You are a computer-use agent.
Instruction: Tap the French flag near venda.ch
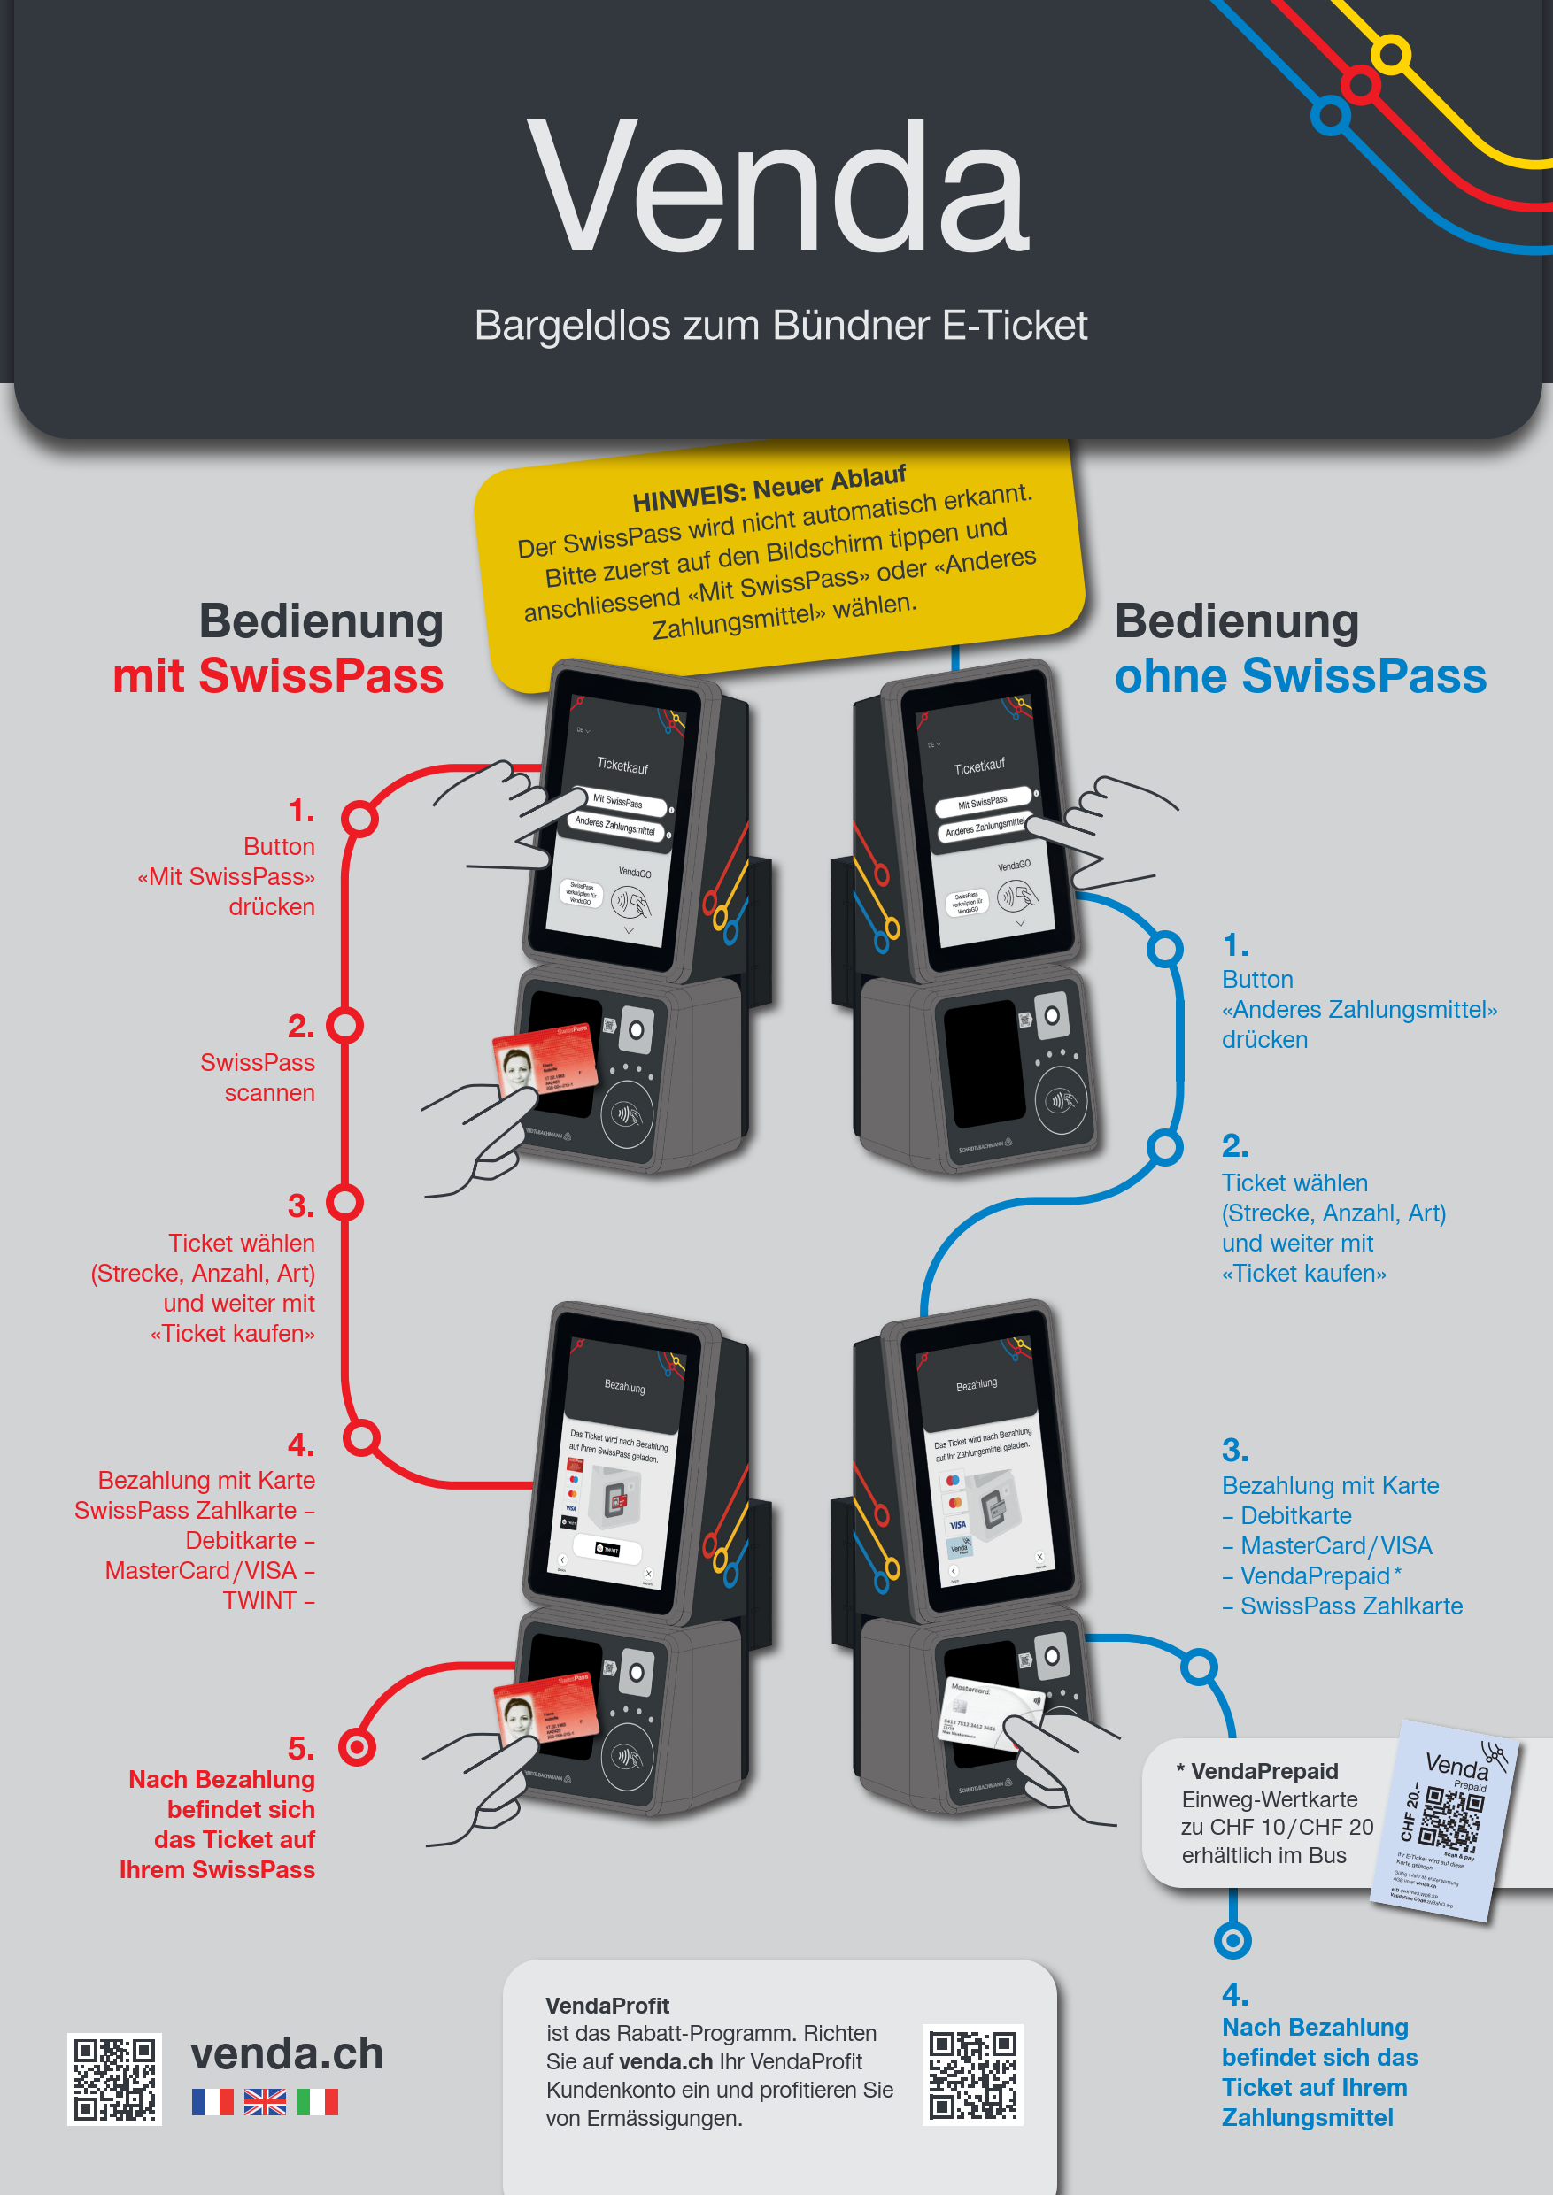pos(212,2101)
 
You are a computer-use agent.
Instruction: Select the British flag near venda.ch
pos(265,2101)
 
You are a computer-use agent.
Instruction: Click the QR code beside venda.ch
pos(115,2078)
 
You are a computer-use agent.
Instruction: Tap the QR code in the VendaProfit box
pos(972,2075)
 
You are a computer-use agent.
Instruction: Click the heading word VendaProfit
pos(607,2005)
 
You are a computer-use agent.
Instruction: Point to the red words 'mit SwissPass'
pos(278,676)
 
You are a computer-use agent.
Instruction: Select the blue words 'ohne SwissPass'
pos(1300,676)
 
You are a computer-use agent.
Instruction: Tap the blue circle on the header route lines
pos(1329,117)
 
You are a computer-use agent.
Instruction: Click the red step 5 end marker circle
pos(357,1747)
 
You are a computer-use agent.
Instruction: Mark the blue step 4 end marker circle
pos(1232,1940)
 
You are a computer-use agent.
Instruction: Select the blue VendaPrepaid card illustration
pos(1445,1821)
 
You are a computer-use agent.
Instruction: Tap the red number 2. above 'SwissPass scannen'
pos(300,1026)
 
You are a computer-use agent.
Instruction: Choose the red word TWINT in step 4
pos(260,1600)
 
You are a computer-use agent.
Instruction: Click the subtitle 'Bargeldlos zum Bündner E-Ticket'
pos(780,325)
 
